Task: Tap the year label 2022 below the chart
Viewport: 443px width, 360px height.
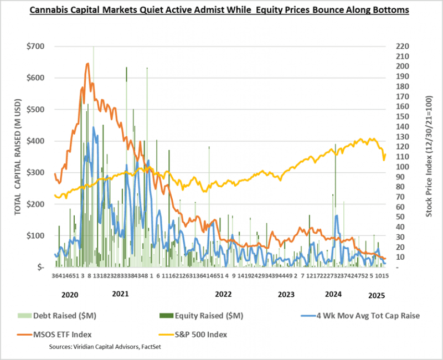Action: pos(223,295)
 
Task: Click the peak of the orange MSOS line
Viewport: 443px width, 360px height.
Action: pos(87,64)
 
